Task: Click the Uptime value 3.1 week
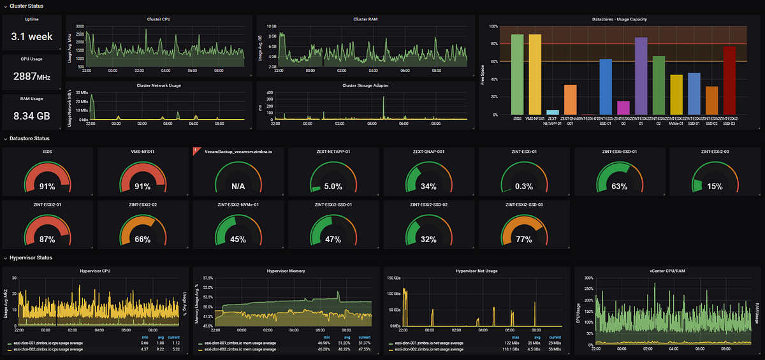[32, 37]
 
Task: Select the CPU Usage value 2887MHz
[32, 77]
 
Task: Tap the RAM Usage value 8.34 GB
[32, 117]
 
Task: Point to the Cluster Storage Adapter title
[365, 85]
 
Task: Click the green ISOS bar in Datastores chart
[517, 75]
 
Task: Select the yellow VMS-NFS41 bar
[535, 75]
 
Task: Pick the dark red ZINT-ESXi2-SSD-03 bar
[729, 81]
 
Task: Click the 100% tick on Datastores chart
[492, 26]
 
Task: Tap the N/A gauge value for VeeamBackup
[238, 187]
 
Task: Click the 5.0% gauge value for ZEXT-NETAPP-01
[333, 187]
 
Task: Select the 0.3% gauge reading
[524, 187]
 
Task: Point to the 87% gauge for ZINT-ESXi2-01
[47, 240]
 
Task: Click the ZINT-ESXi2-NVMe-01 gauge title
[238, 205]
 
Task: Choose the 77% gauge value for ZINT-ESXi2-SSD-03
[524, 240]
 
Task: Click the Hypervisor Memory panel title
[286, 271]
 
